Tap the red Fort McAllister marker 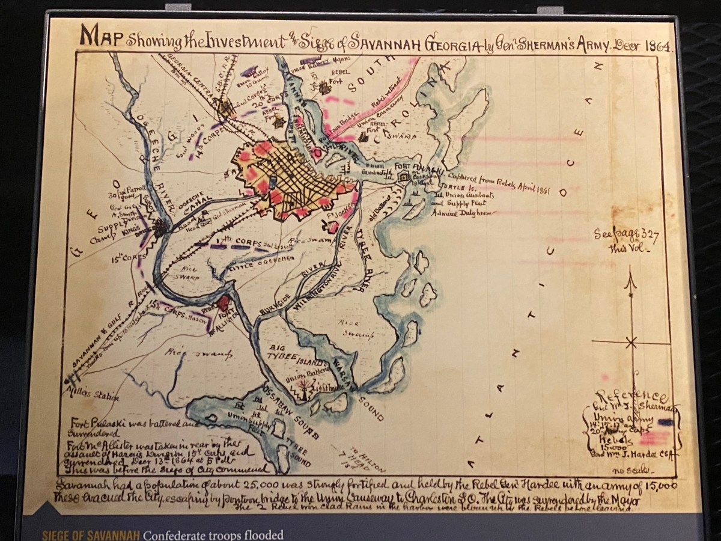[224, 304]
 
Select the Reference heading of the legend [637, 397]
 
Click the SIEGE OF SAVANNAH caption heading [90, 535]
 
